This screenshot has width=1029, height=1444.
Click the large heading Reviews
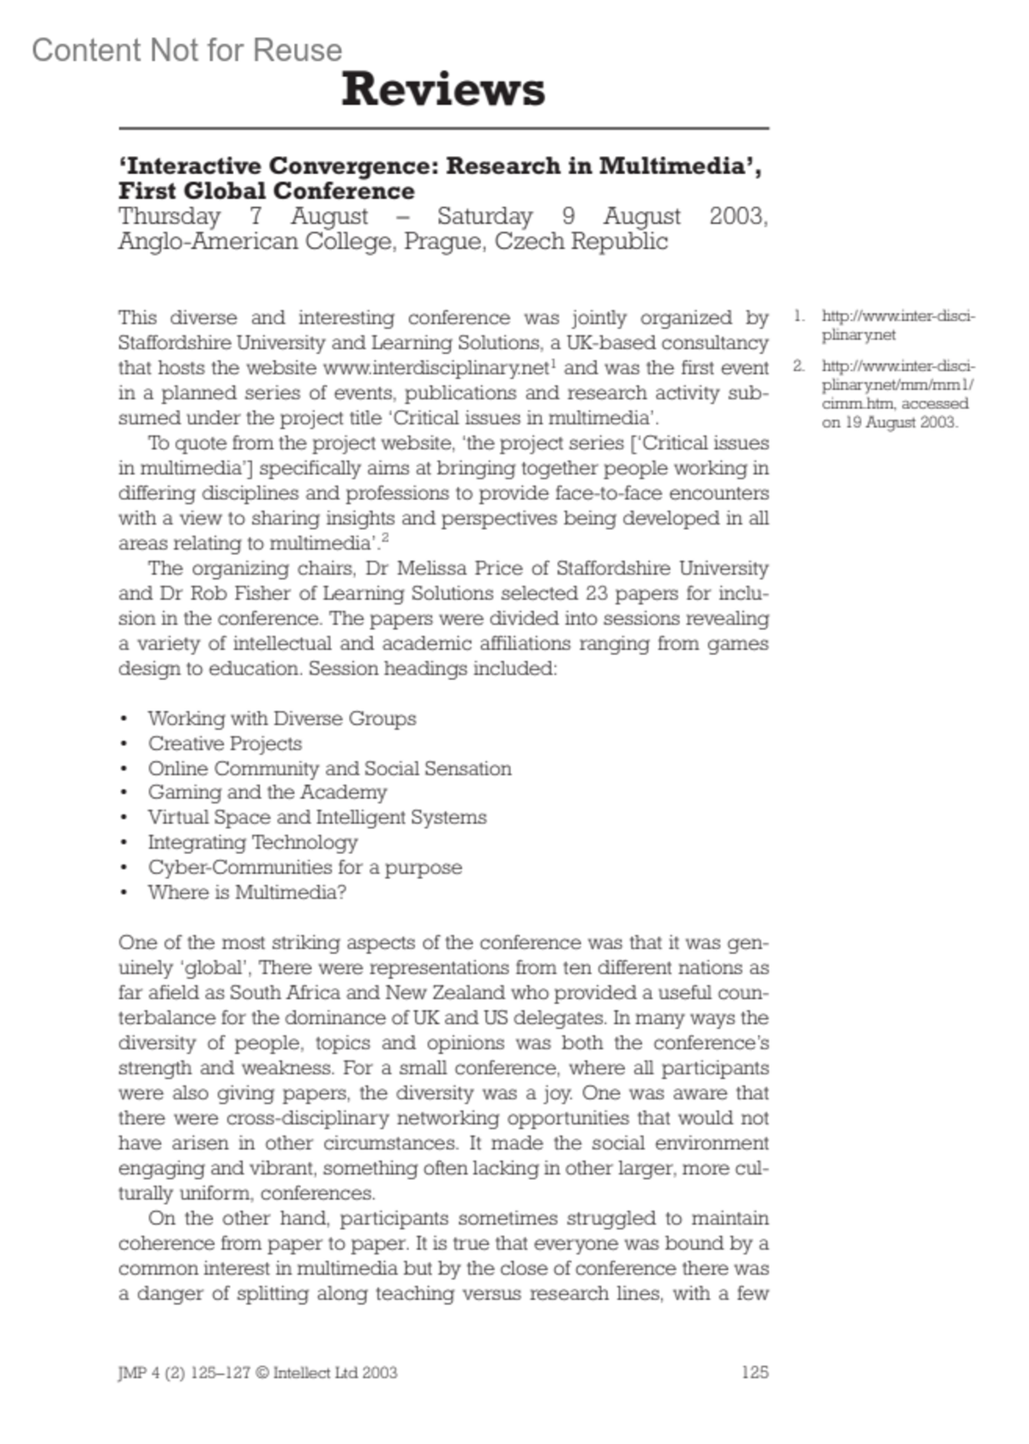click(x=443, y=90)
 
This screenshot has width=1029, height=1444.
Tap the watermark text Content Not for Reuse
click(x=187, y=51)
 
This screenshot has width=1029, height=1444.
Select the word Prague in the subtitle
click(x=444, y=241)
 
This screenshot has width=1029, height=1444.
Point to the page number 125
click(x=755, y=1372)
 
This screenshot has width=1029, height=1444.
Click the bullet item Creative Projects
click(x=225, y=743)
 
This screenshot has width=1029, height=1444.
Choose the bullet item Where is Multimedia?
click(x=247, y=893)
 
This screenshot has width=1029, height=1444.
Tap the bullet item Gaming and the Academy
click(x=267, y=792)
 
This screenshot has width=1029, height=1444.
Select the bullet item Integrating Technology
click(x=252, y=842)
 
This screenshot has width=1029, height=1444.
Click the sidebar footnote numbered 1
click(x=897, y=325)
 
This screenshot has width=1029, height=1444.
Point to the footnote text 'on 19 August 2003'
click(x=889, y=422)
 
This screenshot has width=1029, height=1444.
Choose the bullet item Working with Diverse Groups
click(x=282, y=719)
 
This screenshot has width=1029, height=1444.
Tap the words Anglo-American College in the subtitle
click(x=256, y=241)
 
